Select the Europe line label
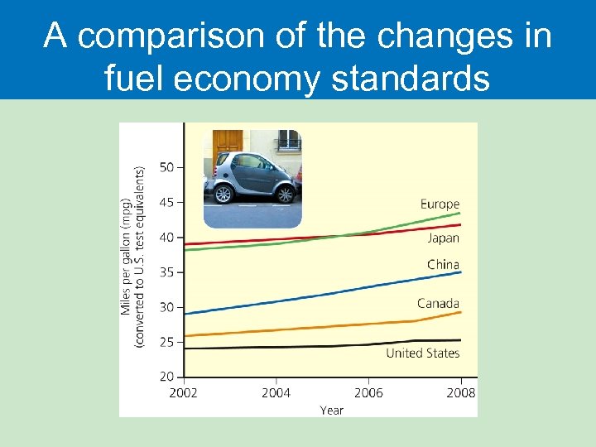(x=440, y=204)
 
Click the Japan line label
(x=443, y=238)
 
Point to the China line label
(x=443, y=265)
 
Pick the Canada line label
(x=438, y=303)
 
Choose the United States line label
(x=422, y=353)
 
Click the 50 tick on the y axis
(x=166, y=167)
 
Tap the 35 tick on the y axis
(x=166, y=272)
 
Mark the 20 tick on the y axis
(x=166, y=377)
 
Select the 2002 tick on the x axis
(x=184, y=392)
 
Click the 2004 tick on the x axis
(x=276, y=392)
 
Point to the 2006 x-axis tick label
(x=368, y=392)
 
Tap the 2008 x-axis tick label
(x=461, y=392)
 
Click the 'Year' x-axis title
(x=331, y=410)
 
